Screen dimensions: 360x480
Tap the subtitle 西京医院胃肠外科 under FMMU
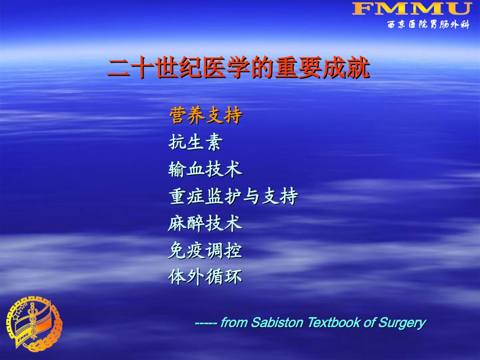(428, 25)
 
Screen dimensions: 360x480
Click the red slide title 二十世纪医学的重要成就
(238, 68)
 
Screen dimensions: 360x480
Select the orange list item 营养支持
(206, 116)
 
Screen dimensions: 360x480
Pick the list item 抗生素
(195, 143)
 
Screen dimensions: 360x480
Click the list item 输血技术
(206, 170)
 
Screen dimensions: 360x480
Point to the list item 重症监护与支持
(233, 196)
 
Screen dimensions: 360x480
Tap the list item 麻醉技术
(206, 223)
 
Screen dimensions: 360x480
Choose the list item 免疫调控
(206, 250)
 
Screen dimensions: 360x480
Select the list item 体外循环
(206, 277)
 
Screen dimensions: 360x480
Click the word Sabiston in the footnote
(276, 323)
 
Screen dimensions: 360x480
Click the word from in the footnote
(234, 323)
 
